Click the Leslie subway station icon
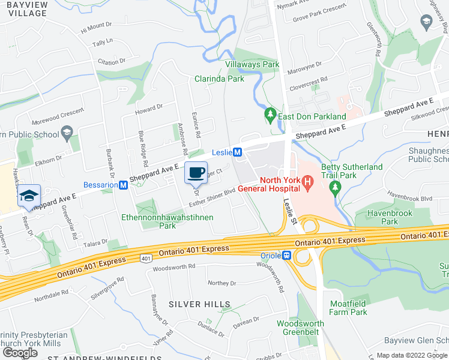[237, 152]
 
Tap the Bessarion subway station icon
[124, 185]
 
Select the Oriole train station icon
[288, 256]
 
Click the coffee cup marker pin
[196, 173]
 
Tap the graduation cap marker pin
[29, 196]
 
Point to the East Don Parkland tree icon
[271, 113]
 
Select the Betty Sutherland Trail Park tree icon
[334, 187]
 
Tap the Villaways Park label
[252, 64]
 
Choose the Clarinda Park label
[219, 79]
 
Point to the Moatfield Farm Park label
[348, 308]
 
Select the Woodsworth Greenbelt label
[300, 328]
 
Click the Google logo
[20, 353]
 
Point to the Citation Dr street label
[112, 61]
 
